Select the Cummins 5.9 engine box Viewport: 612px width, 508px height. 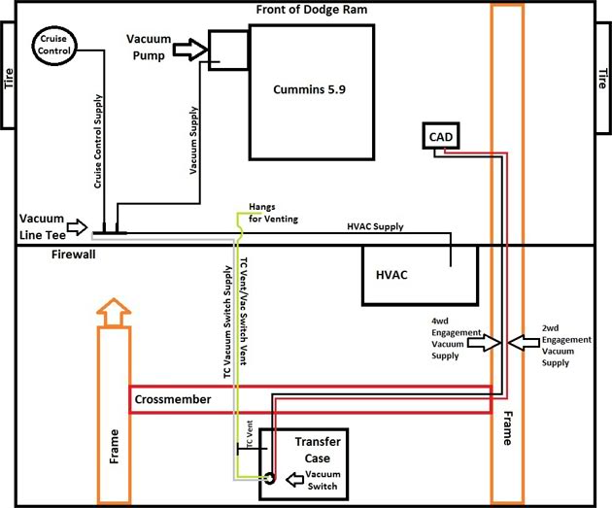tap(312, 92)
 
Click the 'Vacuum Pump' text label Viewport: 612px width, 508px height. tap(151, 46)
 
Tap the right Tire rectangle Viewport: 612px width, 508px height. tap(602, 74)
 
